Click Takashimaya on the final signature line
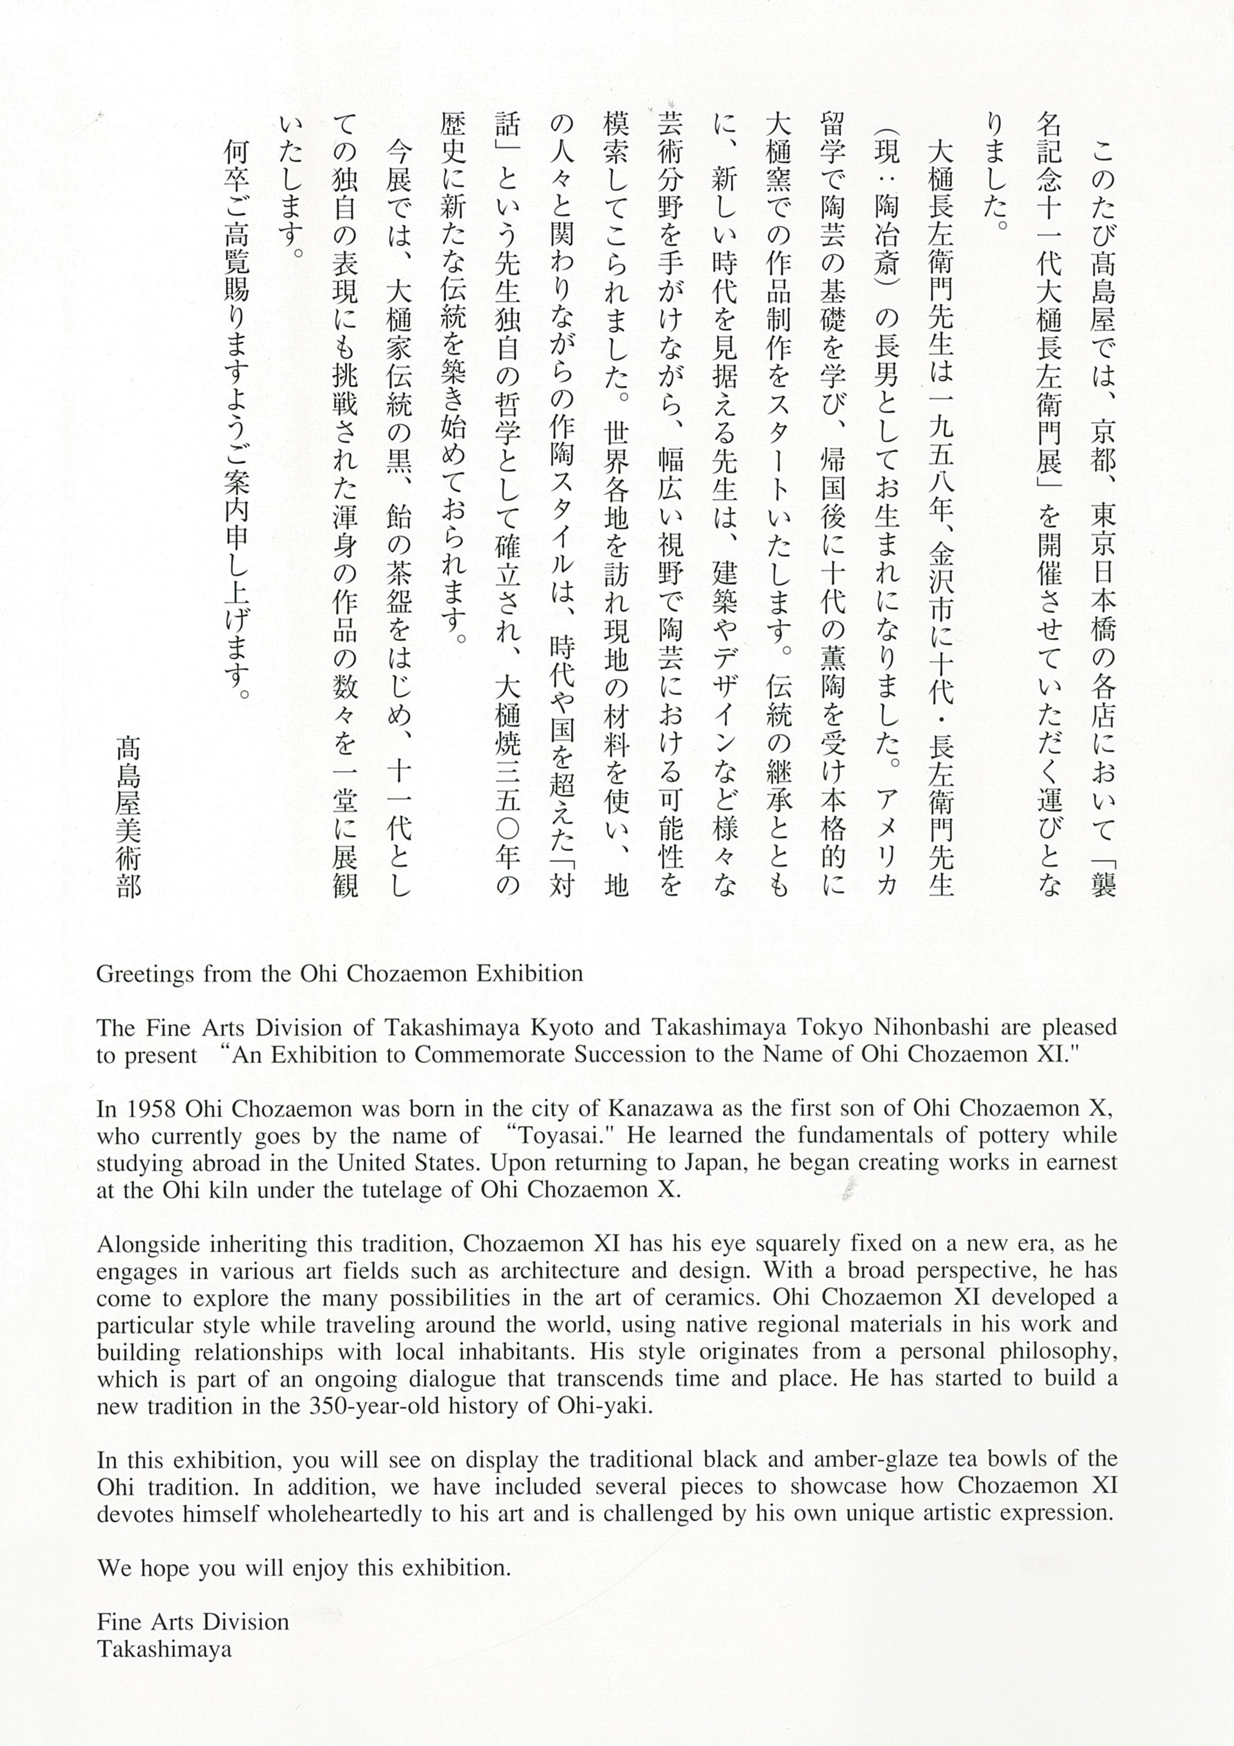click(x=164, y=1649)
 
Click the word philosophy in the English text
click(x=1058, y=1352)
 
